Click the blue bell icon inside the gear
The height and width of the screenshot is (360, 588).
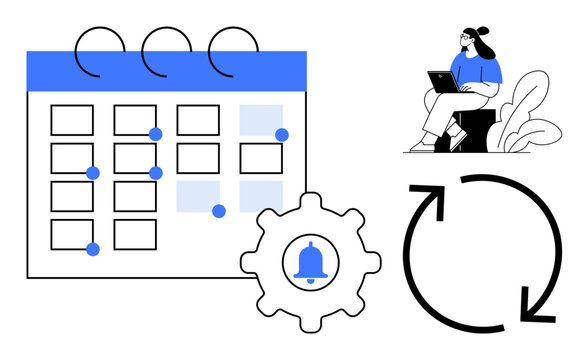click(x=310, y=263)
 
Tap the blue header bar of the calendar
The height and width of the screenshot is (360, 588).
click(x=166, y=71)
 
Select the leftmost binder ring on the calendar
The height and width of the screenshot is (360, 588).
click(x=101, y=49)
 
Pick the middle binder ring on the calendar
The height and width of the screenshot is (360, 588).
click(x=166, y=49)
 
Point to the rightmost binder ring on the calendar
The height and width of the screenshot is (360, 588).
click(x=232, y=49)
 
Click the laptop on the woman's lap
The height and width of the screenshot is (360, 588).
click(x=443, y=81)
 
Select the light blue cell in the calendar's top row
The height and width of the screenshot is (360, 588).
click(x=260, y=119)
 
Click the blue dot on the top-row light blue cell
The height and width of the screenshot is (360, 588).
click(x=282, y=135)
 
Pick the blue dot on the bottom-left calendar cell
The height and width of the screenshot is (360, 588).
click(x=93, y=249)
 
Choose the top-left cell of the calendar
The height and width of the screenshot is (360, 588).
click(x=72, y=120)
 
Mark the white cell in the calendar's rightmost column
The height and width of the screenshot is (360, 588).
click(x=260, y=158)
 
